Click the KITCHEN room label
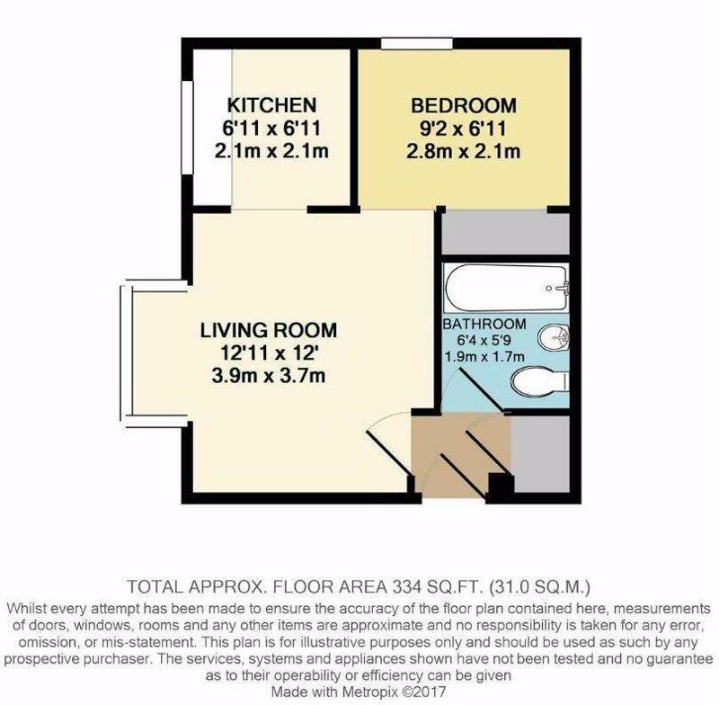[272, 105]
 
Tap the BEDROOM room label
[464, 105]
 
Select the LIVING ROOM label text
[269, 330]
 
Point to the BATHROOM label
[484, 324]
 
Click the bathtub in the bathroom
[506, 288]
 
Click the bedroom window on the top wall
[417, 43]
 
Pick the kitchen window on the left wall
[187, 128]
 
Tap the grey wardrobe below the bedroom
[505, 233]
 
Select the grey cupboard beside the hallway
[540, 454]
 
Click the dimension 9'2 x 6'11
[463, 129]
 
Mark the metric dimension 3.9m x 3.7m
[269, 376]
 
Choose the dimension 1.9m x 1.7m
[484, 356]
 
